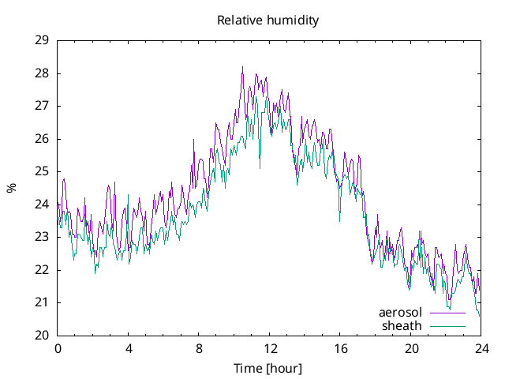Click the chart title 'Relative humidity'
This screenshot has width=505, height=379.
click(267, 21)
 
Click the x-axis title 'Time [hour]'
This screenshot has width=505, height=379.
click(267, 368)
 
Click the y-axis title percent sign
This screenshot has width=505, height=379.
click(11, 188)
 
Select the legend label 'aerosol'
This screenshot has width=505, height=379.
click(401, 313)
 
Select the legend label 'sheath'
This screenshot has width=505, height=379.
click(402, 325)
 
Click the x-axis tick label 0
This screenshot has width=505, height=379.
click(58, 348)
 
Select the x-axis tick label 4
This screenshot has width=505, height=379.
click(128, 348)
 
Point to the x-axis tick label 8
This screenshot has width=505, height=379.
click(199, 348)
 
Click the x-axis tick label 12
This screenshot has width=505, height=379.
click(270, 348)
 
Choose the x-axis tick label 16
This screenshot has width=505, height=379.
click(340, 348)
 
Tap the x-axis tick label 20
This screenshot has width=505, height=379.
click(411, 348)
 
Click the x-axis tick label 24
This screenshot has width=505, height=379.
click(481, 348)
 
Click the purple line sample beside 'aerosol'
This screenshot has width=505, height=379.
click(447, 313)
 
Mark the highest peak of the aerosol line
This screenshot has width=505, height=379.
click(242, 67)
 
